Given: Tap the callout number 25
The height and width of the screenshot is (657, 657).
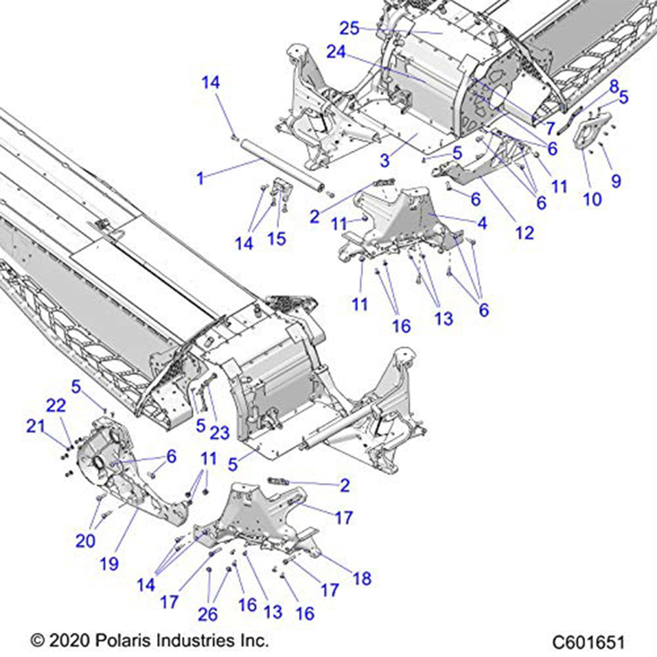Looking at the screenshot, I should coord(350,28).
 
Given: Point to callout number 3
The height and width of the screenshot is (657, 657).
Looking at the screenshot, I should coord(386,160).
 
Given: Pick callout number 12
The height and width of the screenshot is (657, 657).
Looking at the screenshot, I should coord(525,232).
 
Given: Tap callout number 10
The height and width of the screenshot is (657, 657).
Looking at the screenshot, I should coord(592,198).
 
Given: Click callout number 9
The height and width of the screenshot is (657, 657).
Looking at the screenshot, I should coord(616,180).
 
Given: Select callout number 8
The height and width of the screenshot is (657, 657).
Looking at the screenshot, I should coord(613,85).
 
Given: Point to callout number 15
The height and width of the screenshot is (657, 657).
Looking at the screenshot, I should coord(277,238).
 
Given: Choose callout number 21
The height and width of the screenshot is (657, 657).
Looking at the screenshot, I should coord(35,426).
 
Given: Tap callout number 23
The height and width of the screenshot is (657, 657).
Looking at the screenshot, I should coord(220,432).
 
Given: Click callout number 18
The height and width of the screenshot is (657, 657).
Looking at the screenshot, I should coord(361,578).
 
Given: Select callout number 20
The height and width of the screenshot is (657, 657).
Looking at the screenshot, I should coord(85,541).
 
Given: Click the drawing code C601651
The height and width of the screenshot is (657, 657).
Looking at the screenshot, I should coord(588,641).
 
